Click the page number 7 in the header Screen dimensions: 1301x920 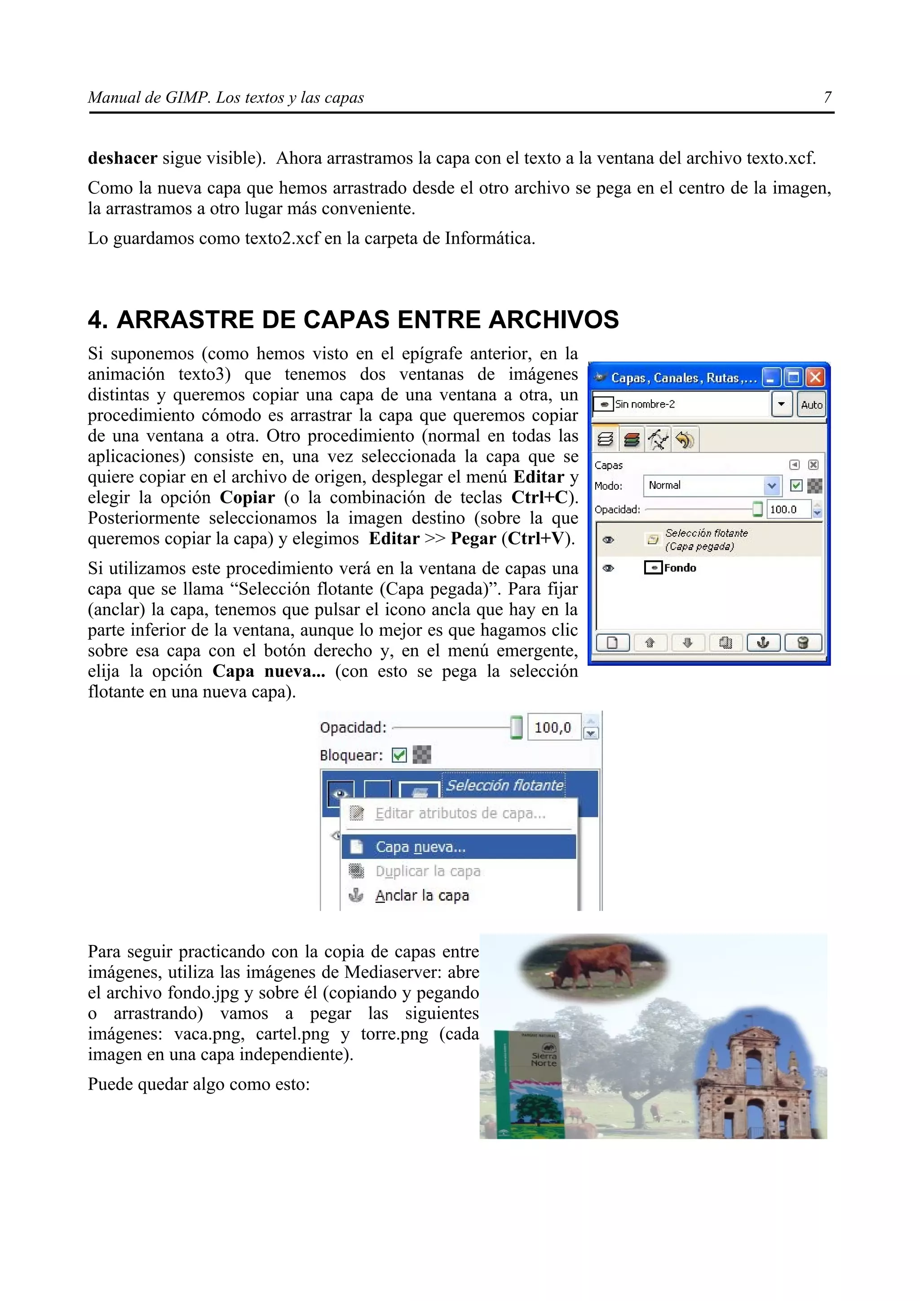827,97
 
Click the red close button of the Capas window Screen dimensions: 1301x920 816,378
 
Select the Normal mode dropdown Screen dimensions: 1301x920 712,486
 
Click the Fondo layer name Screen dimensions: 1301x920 680,568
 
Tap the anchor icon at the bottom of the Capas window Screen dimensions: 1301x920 763,642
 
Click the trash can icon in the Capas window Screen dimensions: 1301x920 803,642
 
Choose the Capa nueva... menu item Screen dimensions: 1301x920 420,847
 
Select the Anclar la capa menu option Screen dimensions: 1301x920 422,895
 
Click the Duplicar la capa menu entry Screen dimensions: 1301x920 427,871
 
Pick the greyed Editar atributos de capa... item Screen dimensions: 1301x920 460,814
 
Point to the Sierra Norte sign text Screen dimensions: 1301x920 544,1059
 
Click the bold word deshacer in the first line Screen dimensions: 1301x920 123,158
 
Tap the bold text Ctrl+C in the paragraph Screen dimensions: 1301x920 543,497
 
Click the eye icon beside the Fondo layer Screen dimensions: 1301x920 608,568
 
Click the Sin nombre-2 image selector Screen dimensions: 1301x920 682,404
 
